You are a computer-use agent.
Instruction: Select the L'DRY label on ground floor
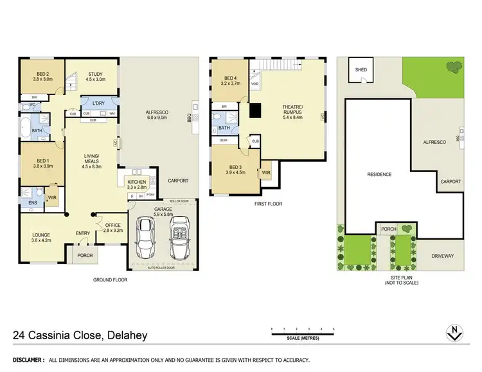tap(98, 103)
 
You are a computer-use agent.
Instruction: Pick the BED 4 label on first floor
tap(229, 80)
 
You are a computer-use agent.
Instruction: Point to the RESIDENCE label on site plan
tap(379, 174)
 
